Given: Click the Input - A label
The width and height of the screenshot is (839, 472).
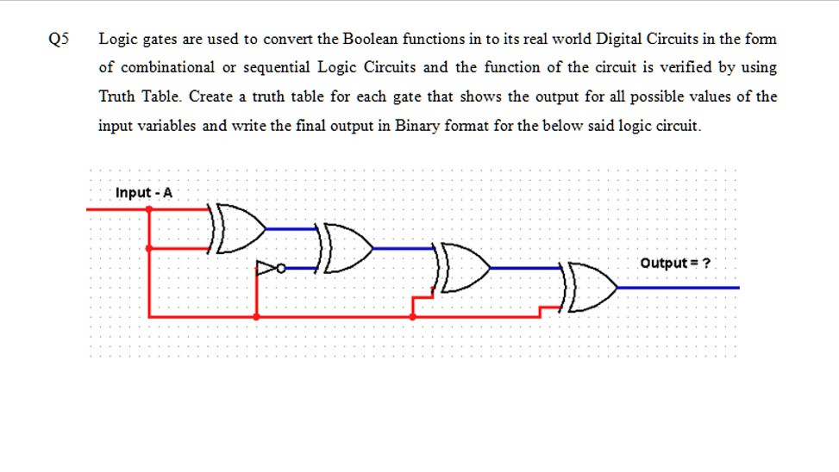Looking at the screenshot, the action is pyautogui.click(x=144, y=192).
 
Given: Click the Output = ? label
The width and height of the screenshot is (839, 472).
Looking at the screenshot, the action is pyautogui.click(x=675, y=263).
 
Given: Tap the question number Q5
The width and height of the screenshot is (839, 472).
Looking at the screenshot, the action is pyautogui.click(x=59, y=39).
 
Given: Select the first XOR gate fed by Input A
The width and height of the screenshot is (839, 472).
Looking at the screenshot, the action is pyautogui.click(x=238, y=228).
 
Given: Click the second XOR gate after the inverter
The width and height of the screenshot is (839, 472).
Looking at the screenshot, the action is pyautogui.click(x=345, y=249).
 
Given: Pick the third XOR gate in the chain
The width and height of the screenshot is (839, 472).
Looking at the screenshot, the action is pyautogui.click(x=462, y=268).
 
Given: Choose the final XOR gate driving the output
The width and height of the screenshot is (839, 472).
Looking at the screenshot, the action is pyautogui.click(x=589, y=287).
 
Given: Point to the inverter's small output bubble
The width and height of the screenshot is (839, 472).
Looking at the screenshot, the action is pyautogui.click(x=281, y=268).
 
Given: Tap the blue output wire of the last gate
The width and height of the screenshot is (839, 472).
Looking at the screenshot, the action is pyautogui.click(x=679, y=288).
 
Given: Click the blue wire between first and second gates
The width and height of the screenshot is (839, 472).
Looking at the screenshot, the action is pyautogui.click(x=291, y=229).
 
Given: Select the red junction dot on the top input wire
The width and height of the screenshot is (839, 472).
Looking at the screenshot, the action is pyautogui.click(x=149, y=209).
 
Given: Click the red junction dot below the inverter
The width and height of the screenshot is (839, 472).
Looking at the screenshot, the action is pyautogui.click(x=257, y=316).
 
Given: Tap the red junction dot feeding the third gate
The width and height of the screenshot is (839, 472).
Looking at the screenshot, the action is pyautogui.click(x=412, y=316).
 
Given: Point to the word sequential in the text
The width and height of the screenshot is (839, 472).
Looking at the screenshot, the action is pyautogui.click(x=277, y=68).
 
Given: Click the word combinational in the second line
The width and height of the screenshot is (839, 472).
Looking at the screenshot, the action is pyautogui.click(x=167, y=67).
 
